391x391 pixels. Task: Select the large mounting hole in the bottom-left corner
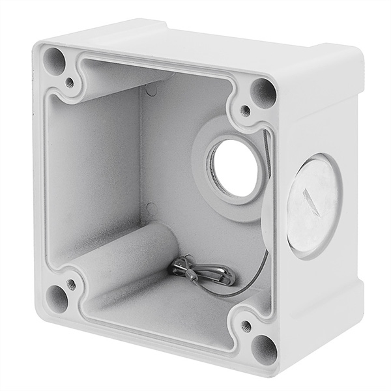click(x=57, y=300)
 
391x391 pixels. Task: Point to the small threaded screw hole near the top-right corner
click(x=245, y=110)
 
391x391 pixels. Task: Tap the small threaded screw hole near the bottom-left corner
click(x=71, y=285)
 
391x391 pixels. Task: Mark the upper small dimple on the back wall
click(x=151, y=90)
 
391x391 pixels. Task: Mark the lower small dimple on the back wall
click(x=151, y=210)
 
